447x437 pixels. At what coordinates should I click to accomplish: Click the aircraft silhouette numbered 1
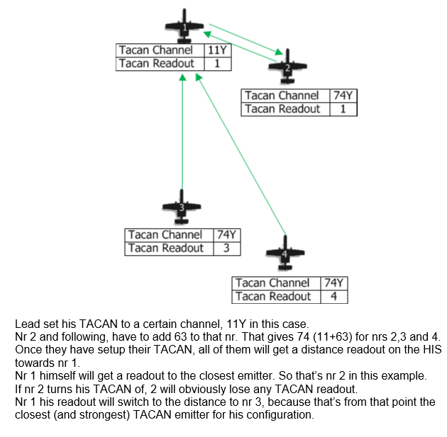click(184, 26)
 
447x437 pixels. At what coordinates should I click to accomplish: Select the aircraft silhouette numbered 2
click(287, 67)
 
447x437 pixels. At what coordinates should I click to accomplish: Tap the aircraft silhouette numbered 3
click(182, 207)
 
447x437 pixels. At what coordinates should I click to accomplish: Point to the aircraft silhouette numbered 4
click(285, 254)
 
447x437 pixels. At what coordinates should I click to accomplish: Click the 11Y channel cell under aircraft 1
click(218, 50)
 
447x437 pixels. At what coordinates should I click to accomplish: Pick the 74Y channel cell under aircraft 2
click(343, 96)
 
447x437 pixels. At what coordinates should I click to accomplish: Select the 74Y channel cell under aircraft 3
click(226, 235)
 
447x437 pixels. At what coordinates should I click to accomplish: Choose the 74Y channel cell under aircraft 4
click(333, 283)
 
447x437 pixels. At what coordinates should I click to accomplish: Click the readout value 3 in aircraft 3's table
click(226, 249)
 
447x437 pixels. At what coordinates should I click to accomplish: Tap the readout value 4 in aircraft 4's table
click(333, 297)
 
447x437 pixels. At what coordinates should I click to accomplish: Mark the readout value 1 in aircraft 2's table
click(343, 109)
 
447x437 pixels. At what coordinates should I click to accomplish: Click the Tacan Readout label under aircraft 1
click(157, 64)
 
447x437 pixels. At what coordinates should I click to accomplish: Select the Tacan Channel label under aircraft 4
click(272, 283)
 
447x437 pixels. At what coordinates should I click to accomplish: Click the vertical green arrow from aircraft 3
click(182, 132)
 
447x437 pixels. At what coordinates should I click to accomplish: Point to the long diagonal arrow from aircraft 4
click(241, 154)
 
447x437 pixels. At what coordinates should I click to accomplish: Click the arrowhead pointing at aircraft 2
click(279, 52)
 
